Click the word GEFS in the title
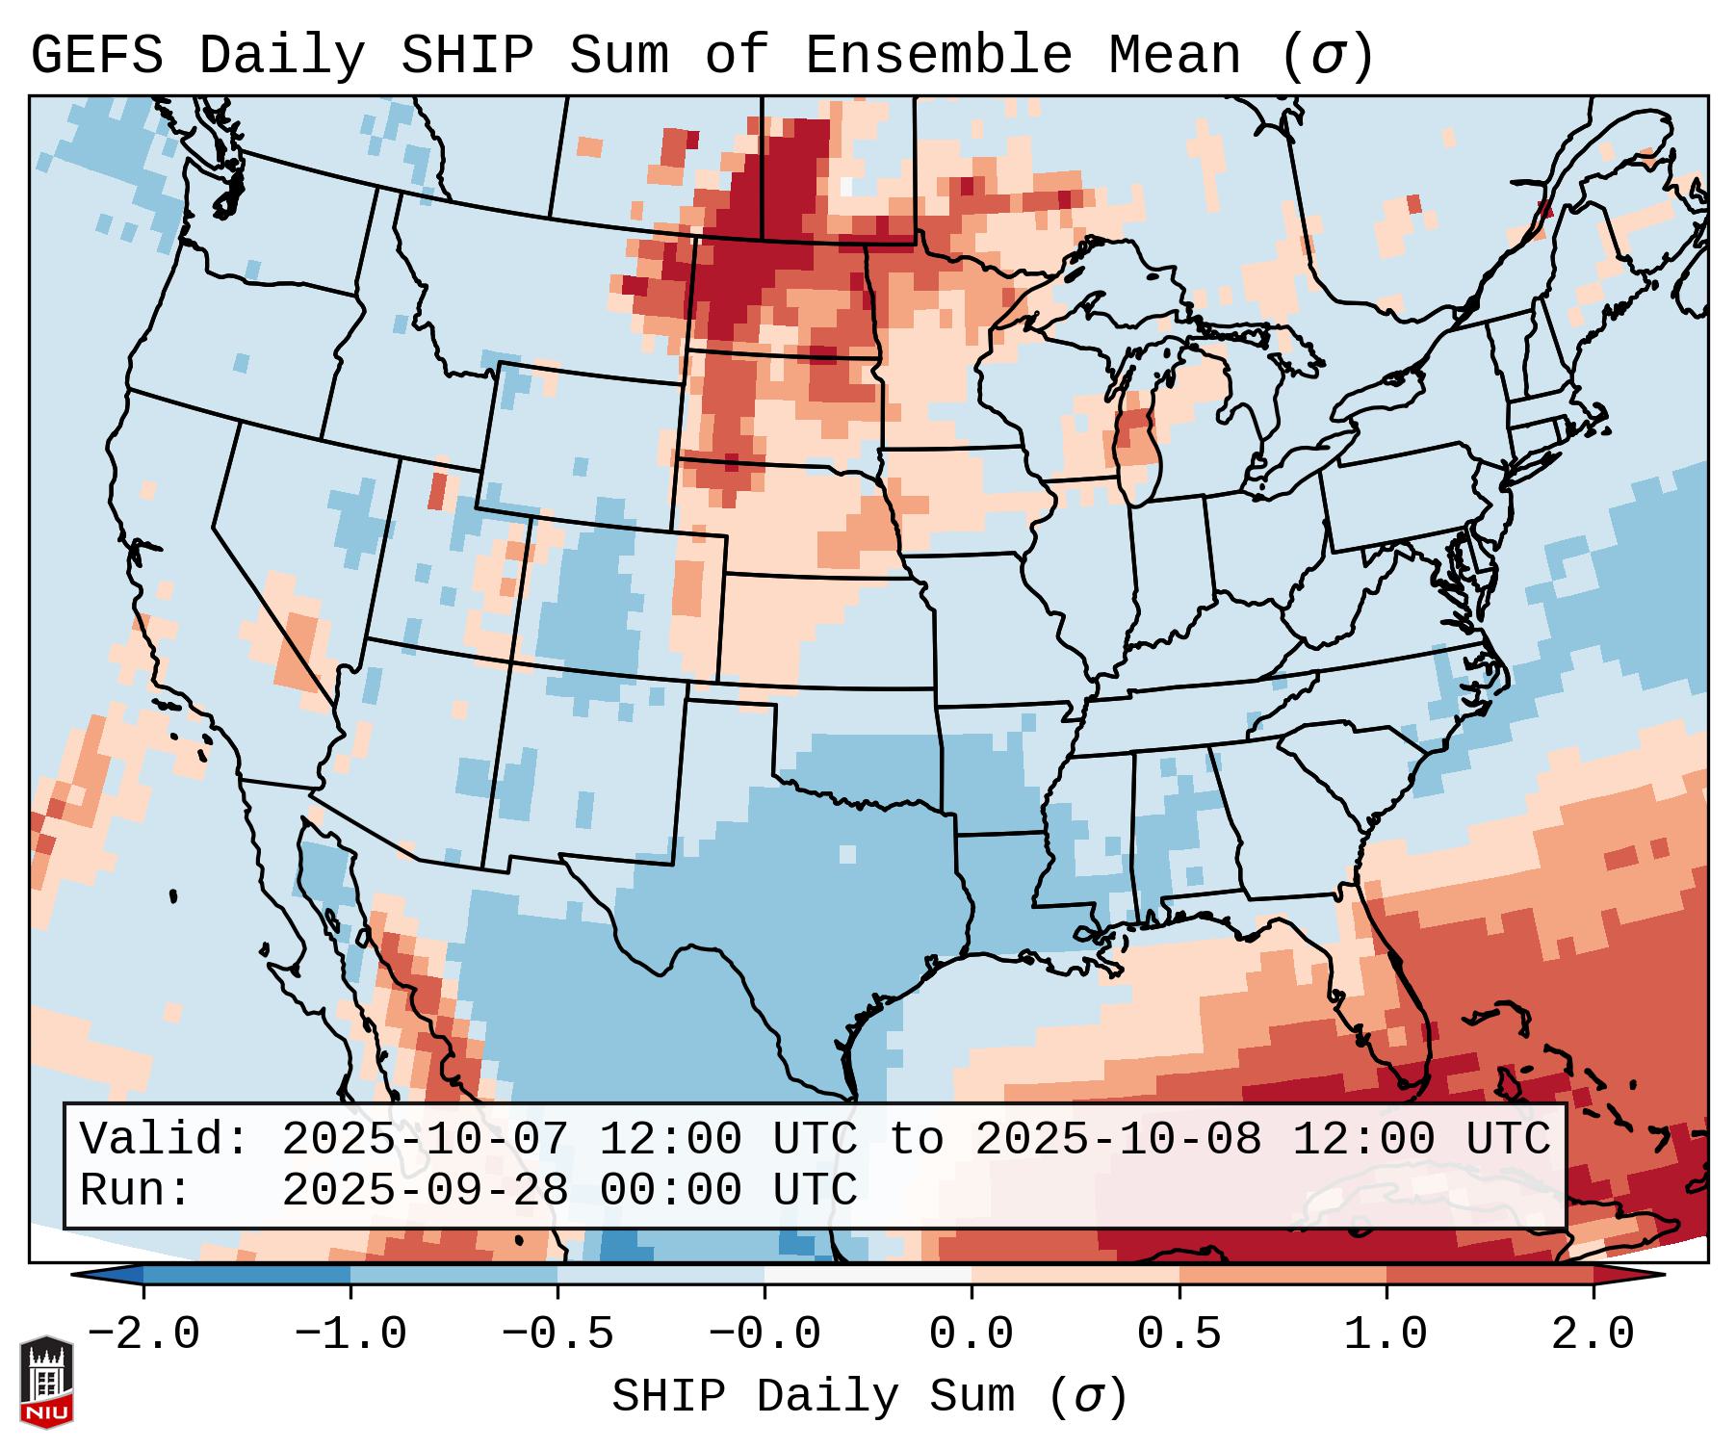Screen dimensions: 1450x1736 pyautogui.click(x=97, y=56)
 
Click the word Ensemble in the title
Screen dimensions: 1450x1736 pyautogui.click(x=938, y=56)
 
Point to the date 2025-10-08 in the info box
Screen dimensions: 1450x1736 pyautogui.click(x=1118, y=1139)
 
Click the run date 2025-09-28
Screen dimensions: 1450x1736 pyautogui.click(x=425, y=1190)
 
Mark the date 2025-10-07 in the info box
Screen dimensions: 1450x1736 pyautogui.click(x=425, y=1139)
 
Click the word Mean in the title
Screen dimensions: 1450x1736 pyautogui.click(x=1175, y=56)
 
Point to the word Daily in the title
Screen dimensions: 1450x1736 pyautogui.click(x=282, y=56)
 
